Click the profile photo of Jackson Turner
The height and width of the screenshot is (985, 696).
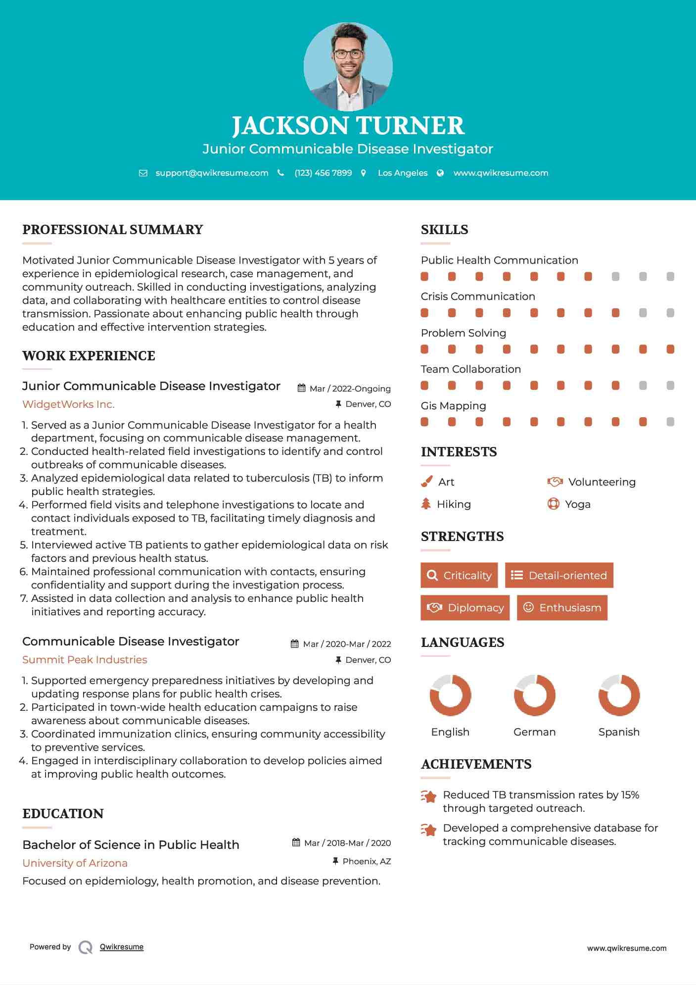[348, 66]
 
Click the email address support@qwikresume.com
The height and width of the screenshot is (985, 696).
[212, 173]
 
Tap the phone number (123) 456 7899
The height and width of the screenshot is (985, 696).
[323, 173]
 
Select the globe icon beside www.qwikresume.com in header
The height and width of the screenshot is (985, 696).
[440, 173]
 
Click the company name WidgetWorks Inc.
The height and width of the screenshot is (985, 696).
[68, 404]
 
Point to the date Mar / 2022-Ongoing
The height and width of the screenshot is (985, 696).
[350, 389]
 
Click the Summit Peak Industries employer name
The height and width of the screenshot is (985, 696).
[85, 660]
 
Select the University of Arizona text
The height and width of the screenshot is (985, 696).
[75, 863]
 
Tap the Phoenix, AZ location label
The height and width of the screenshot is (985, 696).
[367, 861]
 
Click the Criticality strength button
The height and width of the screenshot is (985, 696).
[459, 575]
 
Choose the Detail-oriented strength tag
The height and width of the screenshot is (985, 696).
[559, 575]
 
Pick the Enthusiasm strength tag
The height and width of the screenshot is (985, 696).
[562, 607]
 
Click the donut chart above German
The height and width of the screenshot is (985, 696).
[534, 695]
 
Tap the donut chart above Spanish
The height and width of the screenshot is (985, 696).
[619, 695]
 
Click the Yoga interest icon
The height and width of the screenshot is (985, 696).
[553, 504]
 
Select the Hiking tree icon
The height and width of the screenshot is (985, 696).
[426, 504]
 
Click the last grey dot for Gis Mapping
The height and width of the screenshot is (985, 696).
[670, 422]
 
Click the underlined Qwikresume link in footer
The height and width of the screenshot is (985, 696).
[122, 947]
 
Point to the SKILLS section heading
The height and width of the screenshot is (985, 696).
[444, 230]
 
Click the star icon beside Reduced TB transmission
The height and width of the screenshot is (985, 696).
[428, 796]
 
